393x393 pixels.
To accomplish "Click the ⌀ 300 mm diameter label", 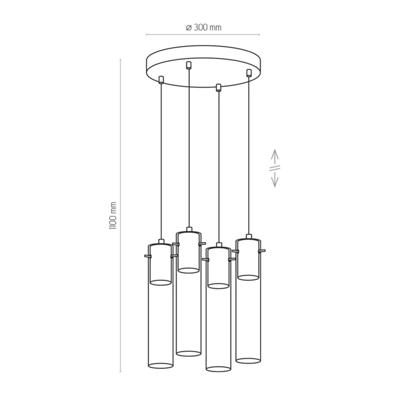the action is (x=203, y=27).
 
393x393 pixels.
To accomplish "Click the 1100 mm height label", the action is (x=113, y=216).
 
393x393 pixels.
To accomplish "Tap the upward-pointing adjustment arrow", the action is (x=275, y=157).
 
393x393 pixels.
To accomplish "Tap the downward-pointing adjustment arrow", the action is (x=275, y=179).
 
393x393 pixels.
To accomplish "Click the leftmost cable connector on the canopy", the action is (x=161, y=80).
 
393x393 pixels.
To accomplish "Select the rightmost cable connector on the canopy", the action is (x=249, y=73).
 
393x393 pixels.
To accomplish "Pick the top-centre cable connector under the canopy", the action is (x=189, y=65).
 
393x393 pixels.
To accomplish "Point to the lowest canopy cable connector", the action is (x=219, y=87).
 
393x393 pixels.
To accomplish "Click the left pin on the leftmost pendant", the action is (x=148, y=256).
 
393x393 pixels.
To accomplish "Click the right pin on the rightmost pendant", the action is (x=262, y=250).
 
